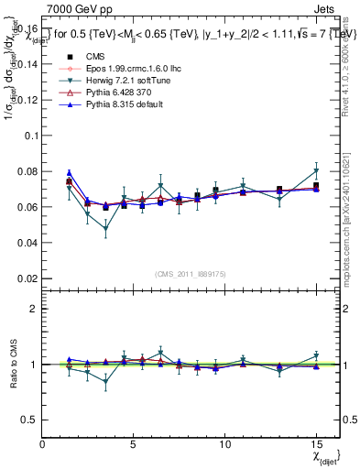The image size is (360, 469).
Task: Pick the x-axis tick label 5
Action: [x=134, y=443]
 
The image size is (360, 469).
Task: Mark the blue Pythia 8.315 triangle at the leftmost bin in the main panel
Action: [x=70, y=172]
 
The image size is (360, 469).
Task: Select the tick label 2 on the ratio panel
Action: [x=34, y=310]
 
